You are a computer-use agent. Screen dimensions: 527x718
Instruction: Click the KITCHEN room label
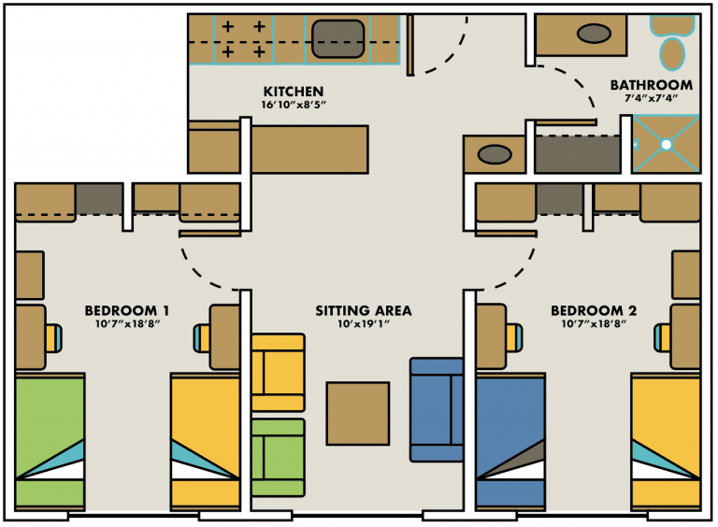pyautogui.click(x=293, y=92)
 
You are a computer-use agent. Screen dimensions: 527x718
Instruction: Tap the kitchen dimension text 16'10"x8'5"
pyautogui.click(x=293, y=106)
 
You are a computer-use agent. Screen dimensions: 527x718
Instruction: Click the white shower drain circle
pyautogui.click(x=667, y=145)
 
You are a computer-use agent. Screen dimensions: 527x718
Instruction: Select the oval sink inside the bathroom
pyautogui.click(x=596, y=35)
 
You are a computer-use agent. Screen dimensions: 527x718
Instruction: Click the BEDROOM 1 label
pyautogui.click(x=126, y=311)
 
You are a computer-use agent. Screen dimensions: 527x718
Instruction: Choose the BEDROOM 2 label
pyautogui.click(x=593, y=311)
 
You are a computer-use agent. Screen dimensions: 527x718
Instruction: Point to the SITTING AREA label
pyautogui.click(x=363, y=311)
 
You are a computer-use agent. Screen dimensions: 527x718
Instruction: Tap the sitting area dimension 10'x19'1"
pyautogui.click(x=363, y=325)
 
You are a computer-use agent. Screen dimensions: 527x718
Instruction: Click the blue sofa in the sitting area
pyautogui.click(x=437, y=409)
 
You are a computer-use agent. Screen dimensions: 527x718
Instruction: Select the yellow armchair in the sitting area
pyautogui.click(x=278, y=372)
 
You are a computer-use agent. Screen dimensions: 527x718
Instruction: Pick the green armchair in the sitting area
pyautogui.click(x=278, y=457)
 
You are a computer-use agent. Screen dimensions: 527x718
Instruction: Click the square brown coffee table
pyautogui.click(x=357, y=414)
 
